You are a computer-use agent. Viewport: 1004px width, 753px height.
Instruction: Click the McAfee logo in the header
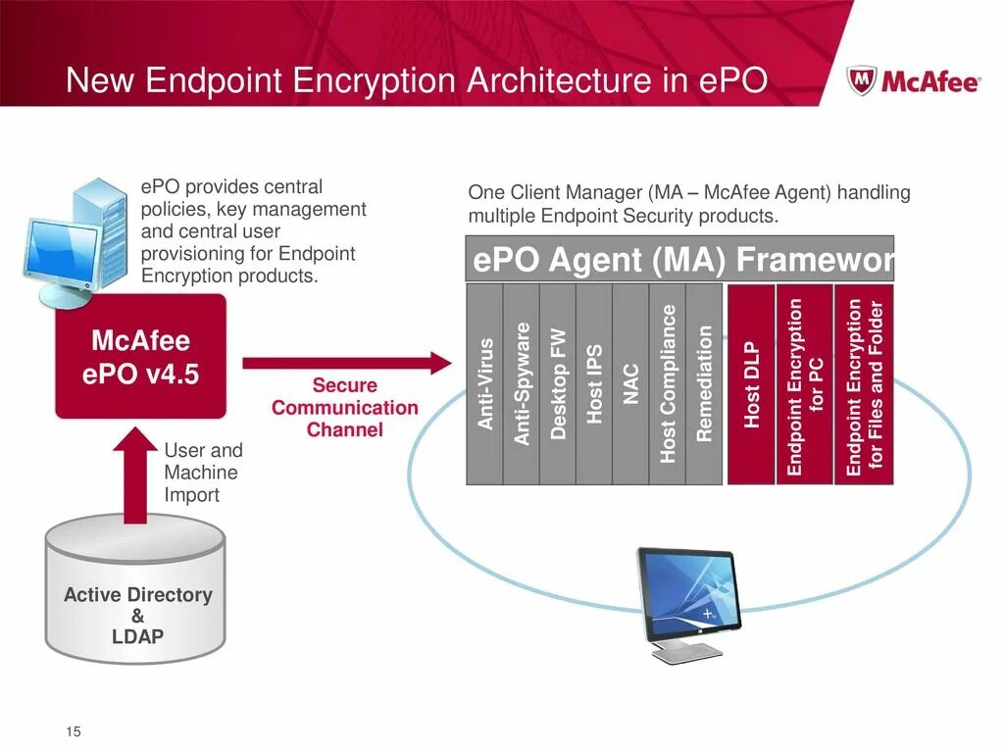913,80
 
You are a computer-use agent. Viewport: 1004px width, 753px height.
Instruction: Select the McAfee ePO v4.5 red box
140,357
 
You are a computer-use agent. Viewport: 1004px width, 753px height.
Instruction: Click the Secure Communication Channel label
345,408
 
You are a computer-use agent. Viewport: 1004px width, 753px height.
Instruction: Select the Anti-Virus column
485,383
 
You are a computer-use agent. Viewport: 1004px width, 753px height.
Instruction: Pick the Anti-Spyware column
522,383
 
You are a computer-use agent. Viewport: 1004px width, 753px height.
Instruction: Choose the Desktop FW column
558,383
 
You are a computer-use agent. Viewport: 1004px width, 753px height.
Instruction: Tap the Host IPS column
594,383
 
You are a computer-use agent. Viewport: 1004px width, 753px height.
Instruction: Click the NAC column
630,383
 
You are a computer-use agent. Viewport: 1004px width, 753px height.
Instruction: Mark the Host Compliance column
668,383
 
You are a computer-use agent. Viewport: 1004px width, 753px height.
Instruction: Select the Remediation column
704,383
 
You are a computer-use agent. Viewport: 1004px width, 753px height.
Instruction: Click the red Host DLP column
751,383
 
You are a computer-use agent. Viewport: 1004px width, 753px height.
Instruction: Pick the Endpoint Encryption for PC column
805,383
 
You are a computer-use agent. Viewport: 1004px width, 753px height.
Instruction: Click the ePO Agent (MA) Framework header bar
680,260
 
